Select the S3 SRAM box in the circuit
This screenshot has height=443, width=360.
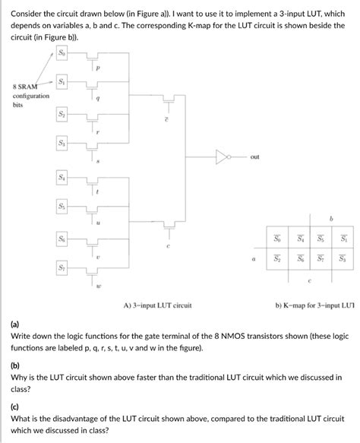coord(62,144)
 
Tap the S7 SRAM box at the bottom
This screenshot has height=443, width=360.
coord(62,268)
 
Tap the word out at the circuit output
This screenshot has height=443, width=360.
coord(254,157)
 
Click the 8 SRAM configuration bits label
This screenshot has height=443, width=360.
coord(30,97)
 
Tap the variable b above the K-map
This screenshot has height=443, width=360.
coord(330,218)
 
